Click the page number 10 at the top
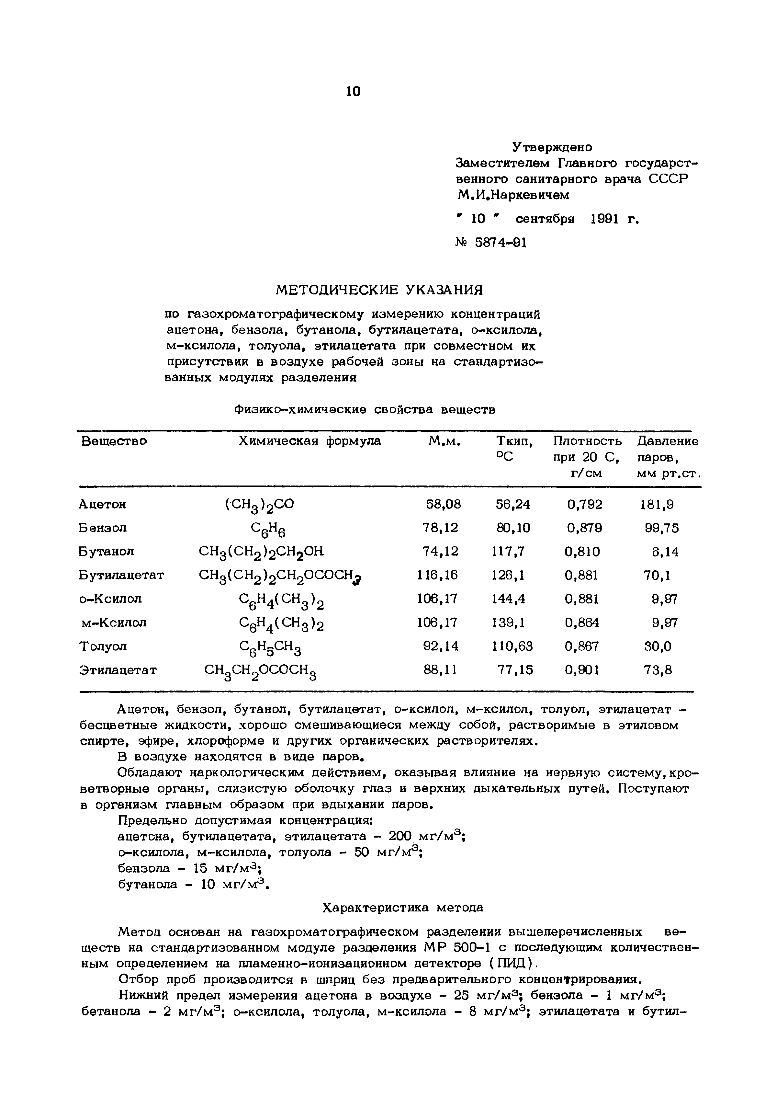353,91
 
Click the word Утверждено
552,147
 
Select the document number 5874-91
501,243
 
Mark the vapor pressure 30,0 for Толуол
658,646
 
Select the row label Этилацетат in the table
118,670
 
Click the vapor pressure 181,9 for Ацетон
657,504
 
